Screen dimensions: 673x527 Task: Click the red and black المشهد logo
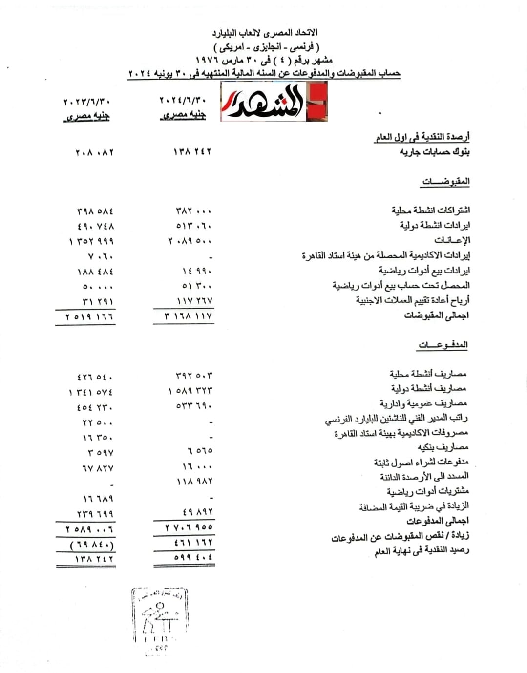coord(274,101)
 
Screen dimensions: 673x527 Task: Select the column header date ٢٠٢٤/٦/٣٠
coord(183,101)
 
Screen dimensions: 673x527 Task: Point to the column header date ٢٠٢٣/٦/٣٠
coord(86,102)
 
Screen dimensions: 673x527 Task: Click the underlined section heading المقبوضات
coord(445,182)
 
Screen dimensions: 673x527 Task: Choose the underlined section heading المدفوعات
coord(443,345)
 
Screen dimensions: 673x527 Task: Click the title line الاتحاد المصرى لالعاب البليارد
coord(265,33)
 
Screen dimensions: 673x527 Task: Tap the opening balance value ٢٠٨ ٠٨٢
coord(94,153)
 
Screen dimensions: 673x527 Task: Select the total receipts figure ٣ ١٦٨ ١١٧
coord(189,316)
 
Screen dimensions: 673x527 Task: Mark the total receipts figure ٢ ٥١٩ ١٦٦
coord(89,317)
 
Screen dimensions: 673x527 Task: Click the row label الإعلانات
coord(452,240)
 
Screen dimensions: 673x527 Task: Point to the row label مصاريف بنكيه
coord(443,447)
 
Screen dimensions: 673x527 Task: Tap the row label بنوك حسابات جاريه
coord(434,152)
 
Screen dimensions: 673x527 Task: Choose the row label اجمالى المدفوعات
coord(438,521)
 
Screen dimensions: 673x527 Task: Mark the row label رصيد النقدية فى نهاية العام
coord(422,551)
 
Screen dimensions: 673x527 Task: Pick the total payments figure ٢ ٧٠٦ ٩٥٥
coord(189,527)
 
